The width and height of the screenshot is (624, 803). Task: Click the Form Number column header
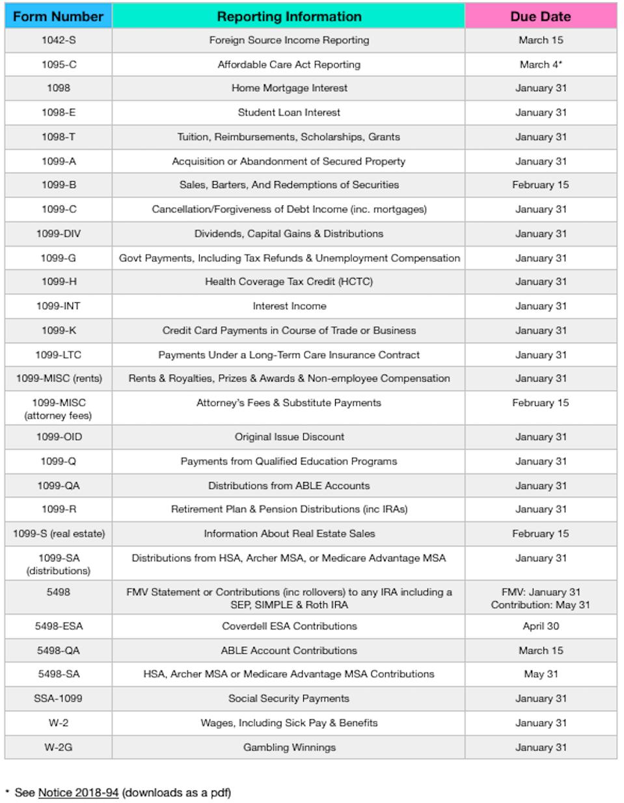[58, 16]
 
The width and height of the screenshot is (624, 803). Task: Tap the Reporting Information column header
[289, 16]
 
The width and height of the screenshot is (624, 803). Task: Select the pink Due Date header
[540, 16]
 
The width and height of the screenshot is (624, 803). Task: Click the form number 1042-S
[58, 40]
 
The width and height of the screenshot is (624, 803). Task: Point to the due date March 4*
[540, 64]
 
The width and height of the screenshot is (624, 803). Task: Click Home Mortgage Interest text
[289, 88]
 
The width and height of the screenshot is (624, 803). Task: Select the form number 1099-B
[58, 185]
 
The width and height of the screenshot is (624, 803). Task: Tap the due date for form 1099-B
[540, 185]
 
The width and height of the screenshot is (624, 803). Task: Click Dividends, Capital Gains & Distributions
[289, 234]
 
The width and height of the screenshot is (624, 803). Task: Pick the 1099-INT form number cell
[58, 306]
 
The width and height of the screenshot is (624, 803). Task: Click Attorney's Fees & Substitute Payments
[289, 403]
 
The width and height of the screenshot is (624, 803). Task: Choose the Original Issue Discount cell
[289, 437]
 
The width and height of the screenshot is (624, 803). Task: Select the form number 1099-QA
[58, 486]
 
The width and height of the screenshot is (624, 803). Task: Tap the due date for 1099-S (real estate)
[540, 534]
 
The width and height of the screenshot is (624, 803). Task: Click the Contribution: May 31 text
[540, 605]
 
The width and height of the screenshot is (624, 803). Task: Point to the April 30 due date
[540, 627]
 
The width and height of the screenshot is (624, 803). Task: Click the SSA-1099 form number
[58, 699]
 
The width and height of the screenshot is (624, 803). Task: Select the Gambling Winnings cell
[289, 748]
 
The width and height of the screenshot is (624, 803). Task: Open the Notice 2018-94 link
[78, 793]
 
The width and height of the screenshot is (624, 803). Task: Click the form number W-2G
[58, 748]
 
